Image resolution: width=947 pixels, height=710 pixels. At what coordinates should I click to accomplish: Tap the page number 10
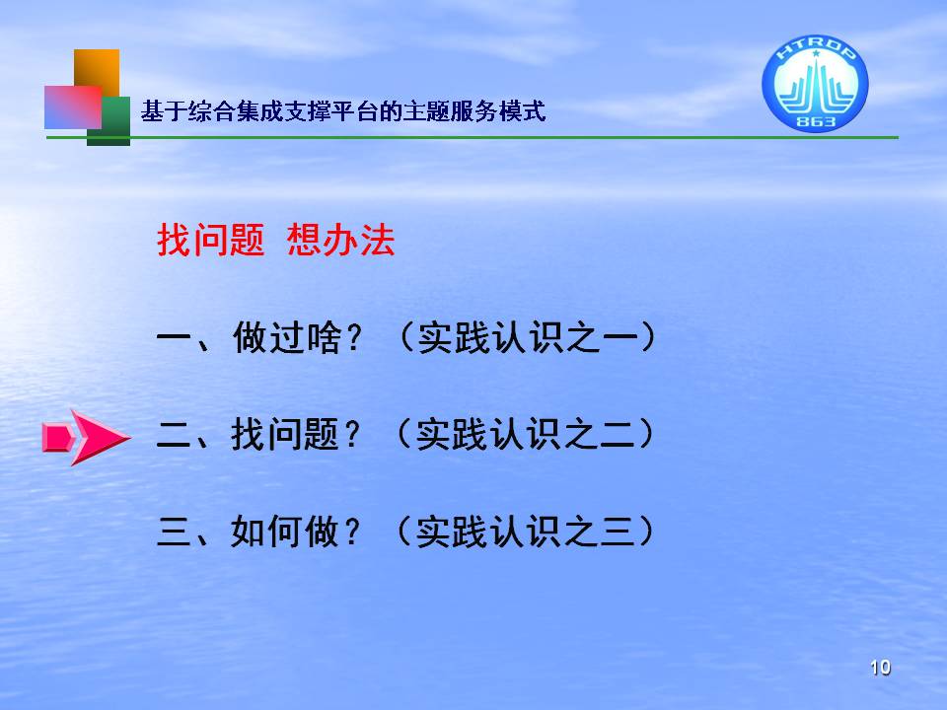coord(880,668)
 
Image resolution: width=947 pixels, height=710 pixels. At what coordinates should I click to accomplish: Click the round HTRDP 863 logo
coord(816,83)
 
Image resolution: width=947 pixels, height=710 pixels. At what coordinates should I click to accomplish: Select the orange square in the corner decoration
coord(97,69)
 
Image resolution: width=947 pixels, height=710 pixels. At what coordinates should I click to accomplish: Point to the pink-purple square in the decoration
coord(72,106)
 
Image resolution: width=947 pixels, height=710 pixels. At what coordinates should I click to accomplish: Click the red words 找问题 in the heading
coord(211,240)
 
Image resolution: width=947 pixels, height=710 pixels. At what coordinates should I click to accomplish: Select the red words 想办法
coord(340,240)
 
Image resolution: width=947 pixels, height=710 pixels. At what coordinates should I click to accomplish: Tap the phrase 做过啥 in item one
coord(287,337)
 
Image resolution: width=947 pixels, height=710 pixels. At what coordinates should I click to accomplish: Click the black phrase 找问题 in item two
coord(285,434)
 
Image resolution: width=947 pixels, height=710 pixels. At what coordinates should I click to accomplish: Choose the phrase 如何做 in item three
coord(285,532)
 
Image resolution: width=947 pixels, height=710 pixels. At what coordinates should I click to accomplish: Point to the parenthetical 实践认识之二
coord(526,434)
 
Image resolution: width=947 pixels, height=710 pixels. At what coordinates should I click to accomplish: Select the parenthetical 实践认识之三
coord(526,532)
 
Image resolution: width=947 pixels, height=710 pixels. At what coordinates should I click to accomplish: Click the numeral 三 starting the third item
coord(175,532)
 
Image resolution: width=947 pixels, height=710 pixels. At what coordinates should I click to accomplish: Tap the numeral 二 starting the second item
coord(175,435)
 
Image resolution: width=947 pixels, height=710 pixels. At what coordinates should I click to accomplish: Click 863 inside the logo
coord(816,121)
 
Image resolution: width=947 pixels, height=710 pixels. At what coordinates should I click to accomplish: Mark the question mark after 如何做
coord(351,532)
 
